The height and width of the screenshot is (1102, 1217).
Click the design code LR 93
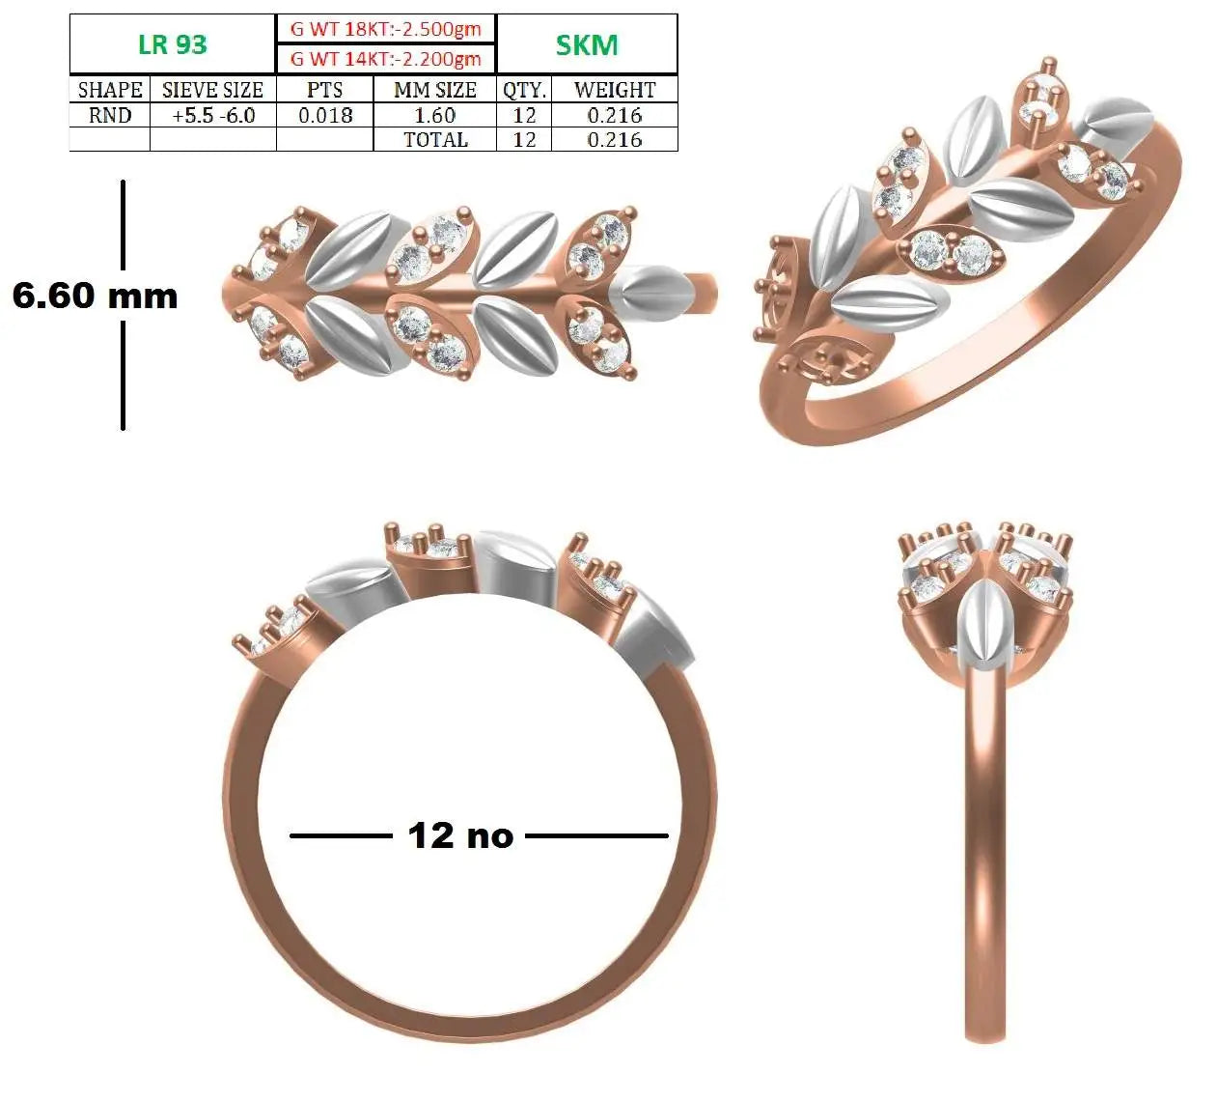(173, 45)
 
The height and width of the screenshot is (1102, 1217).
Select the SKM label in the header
(587, 45)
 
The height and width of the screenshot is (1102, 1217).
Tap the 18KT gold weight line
(385, 29)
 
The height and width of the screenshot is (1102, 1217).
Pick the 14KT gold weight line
(385, 59)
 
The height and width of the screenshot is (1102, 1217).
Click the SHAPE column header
(110, 90)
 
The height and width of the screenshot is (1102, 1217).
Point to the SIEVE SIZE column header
(212, 90)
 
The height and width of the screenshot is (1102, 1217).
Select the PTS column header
(324, 90)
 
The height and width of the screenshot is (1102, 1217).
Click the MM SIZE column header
(435, 90)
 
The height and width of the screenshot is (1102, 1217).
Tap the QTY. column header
(524, 91)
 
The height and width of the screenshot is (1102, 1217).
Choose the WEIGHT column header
(615, 90)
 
